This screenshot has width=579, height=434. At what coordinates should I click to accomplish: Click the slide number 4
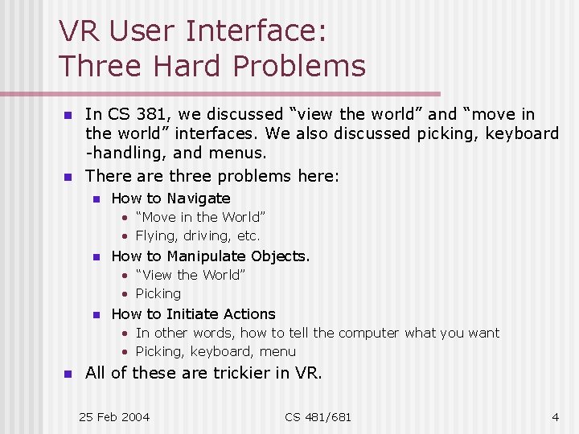555,416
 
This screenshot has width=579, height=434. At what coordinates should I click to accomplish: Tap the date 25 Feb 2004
114,416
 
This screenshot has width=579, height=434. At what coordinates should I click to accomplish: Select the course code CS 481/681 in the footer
318,416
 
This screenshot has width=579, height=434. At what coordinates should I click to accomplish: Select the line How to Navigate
170,198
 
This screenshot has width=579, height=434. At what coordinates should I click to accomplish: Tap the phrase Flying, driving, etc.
198,235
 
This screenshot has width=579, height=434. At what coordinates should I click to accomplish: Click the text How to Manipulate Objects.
210,256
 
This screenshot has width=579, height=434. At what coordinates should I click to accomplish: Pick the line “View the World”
191,275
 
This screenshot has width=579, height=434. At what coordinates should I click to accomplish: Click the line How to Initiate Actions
193,313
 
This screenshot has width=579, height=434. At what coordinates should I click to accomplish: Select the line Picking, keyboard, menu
216,351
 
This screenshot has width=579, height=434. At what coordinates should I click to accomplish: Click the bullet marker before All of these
68,374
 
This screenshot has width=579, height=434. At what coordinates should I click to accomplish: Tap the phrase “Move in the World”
200,217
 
